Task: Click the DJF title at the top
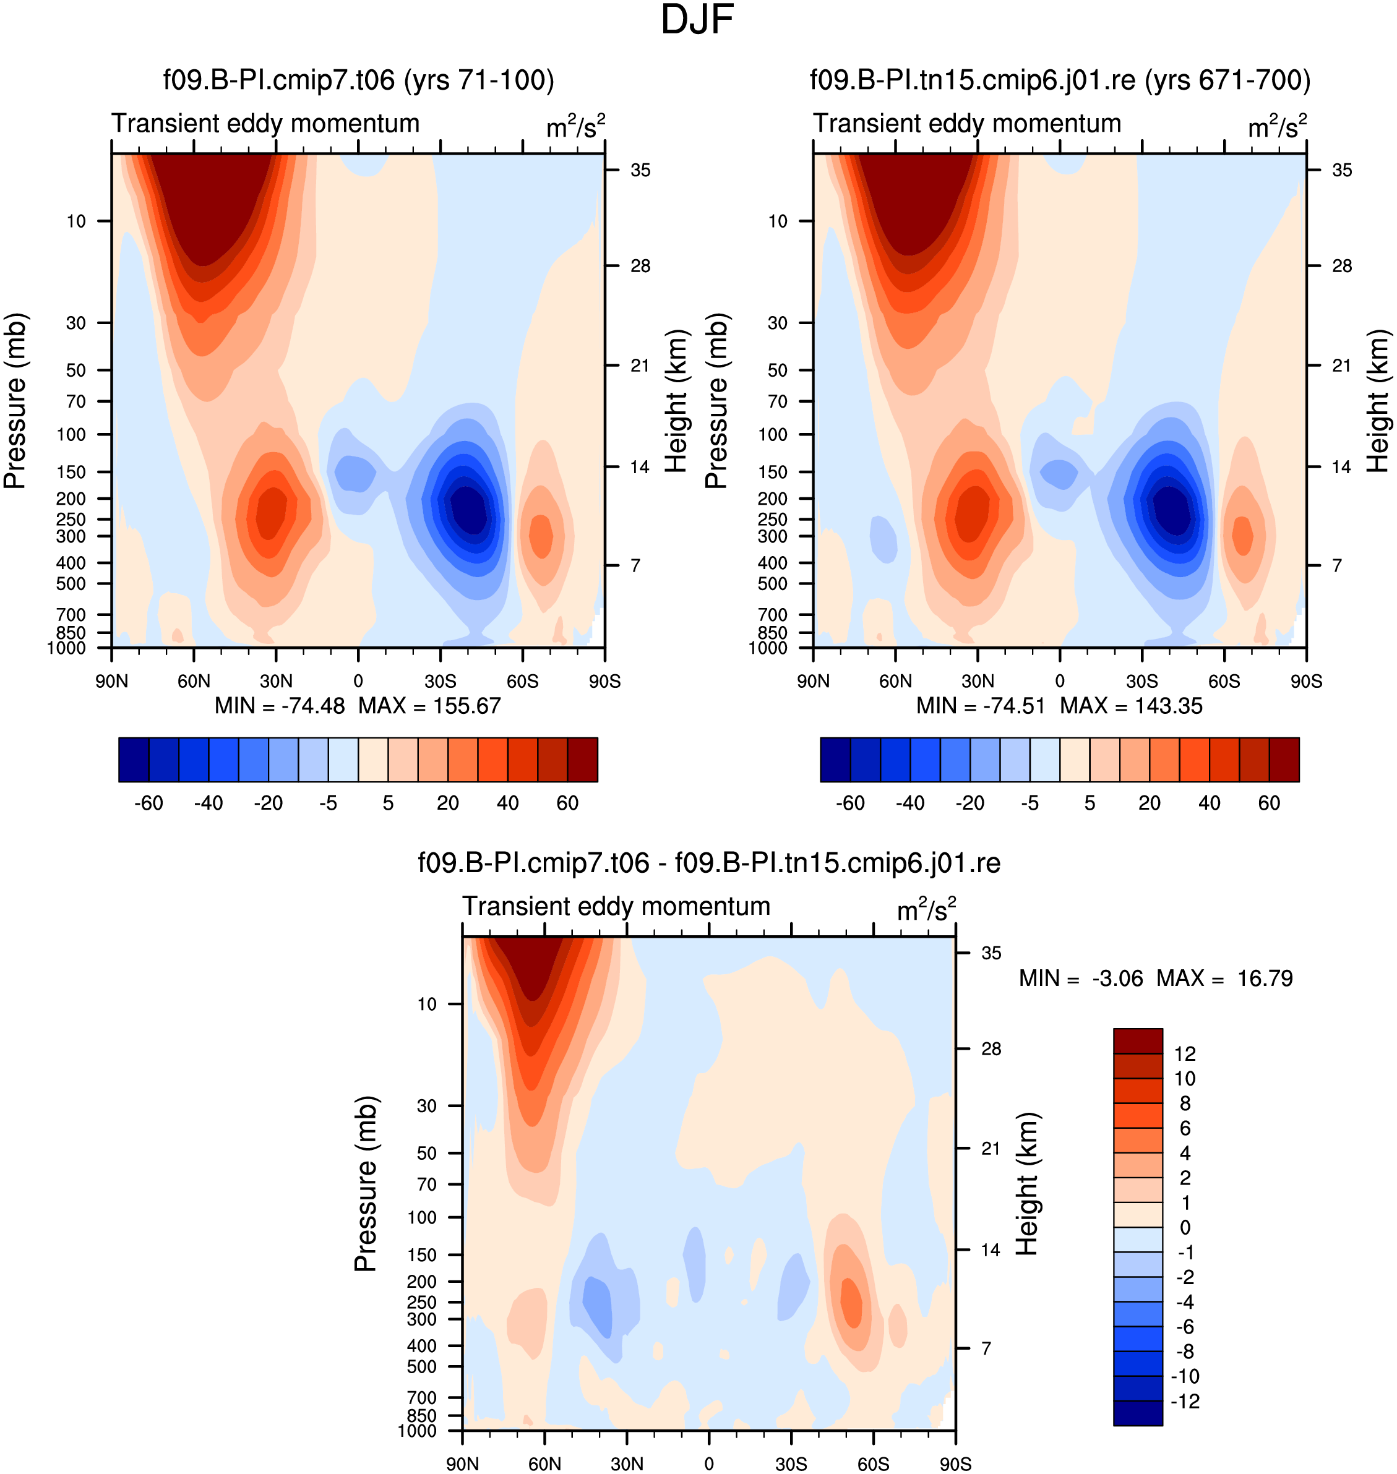point(697,20)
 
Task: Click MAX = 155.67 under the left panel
point(429,706)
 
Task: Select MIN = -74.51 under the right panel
point(981,706)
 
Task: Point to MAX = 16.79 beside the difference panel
point(1224,977)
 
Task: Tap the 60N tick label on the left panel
point(194,681)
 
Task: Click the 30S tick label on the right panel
point(1141,681)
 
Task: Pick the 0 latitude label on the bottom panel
point(708,1463)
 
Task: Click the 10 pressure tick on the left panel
point(76,221)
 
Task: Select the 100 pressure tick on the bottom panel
point(422,1217)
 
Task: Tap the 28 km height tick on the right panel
point(1341,266)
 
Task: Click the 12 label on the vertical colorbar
point(1185,1053)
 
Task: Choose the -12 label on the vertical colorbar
point(1185,1401)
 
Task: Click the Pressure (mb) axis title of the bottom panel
point(366,1184)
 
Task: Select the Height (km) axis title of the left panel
point(674,401)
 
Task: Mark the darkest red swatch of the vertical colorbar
point(1138,1041)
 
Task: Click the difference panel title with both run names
point(709,863)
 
